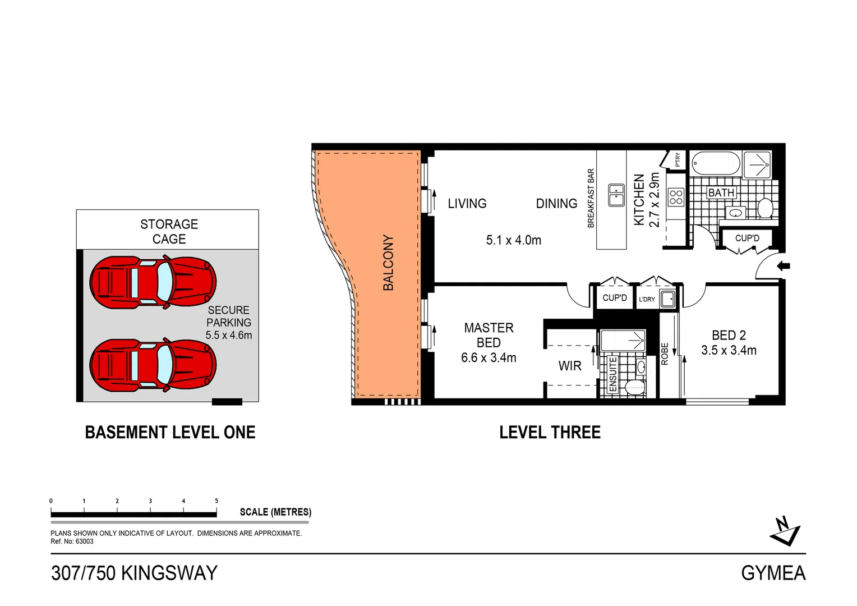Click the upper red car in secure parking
coord(153,282)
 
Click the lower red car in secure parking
coord(153,365)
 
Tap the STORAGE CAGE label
coord(169,231)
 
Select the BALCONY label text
coord(388,263)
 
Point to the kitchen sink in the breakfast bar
coord(616,195)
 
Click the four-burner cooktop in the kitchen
coord(676,197)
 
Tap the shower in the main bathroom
coord(757,164)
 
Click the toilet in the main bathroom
coord(765,209)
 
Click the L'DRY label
coord(647,299)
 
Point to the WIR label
coord(570,366)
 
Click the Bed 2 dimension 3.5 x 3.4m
coord(729,351)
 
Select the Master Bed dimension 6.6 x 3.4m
coord(489,358)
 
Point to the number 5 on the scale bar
coord(216,501)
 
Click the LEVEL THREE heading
coord(550,432)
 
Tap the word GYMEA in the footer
coord(773,573)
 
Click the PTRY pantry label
coord(678,159)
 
